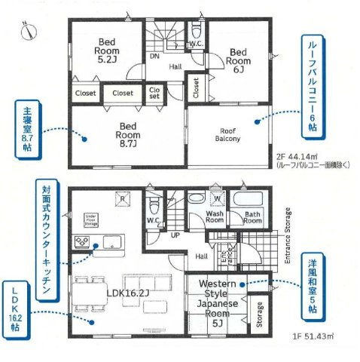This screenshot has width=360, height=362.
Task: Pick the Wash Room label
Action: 216,217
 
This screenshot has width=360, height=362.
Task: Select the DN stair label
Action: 154,56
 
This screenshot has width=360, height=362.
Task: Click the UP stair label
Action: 175,235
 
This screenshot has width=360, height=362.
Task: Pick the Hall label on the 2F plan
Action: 175,67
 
